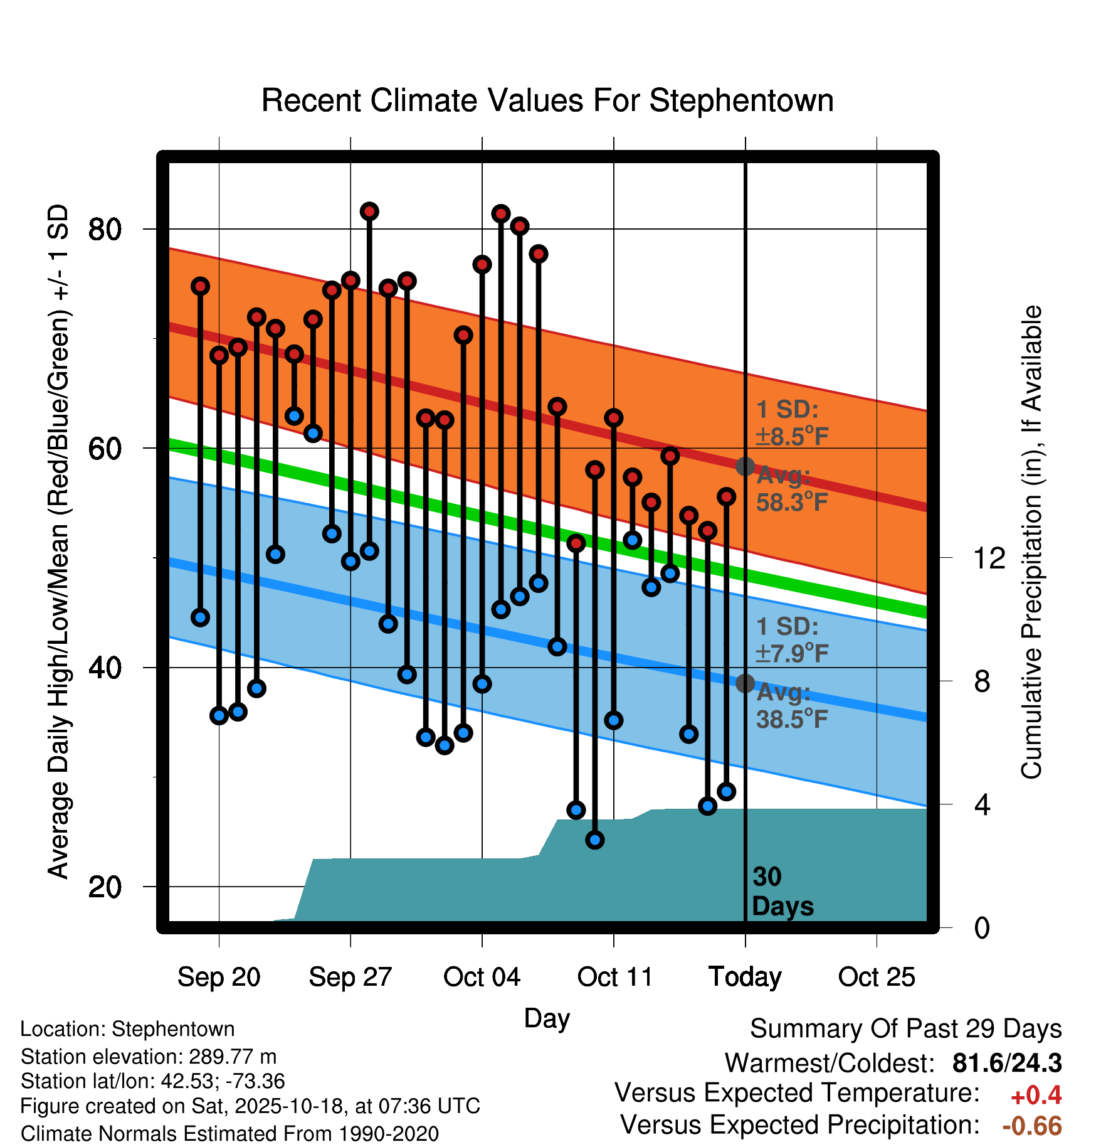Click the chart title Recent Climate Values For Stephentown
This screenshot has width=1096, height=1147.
tap(547, 100)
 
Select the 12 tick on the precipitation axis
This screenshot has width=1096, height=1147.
tap(989, 558)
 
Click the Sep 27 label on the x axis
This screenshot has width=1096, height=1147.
tap(350, 977)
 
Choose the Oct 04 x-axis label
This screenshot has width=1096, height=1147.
tap(482, 977)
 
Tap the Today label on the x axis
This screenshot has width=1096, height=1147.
tap(745, 977)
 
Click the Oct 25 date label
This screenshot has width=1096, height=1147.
tap(877, 977)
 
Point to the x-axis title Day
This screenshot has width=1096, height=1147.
tap(547, 1018)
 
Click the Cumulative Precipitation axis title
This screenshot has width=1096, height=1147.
tap(1031, 542)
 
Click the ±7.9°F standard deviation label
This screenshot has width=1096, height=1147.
tap(791, 653)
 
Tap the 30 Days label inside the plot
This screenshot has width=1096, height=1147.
tap(782, 892)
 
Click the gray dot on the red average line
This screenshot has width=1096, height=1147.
tap(745, 466)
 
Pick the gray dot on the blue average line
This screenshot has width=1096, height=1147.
tap(745, 683)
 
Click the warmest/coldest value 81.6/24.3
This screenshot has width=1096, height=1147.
tap(1007, 1063)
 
